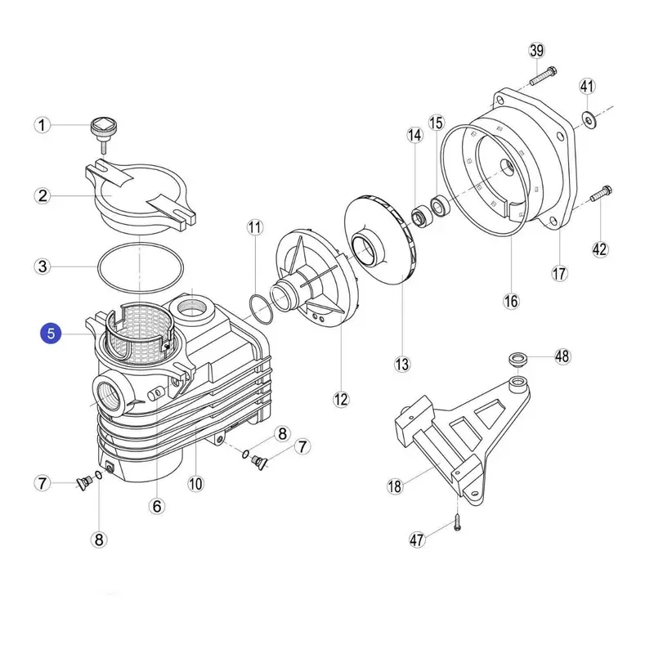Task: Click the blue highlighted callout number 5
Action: point(52,333)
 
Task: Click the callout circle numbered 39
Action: point(536,51)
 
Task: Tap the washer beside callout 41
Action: point(589,120)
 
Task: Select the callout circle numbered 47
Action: point(419,540)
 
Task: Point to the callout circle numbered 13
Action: point(402,363)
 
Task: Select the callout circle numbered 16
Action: point(511,302)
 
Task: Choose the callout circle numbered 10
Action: point(195,483)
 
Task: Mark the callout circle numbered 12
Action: point(341,399)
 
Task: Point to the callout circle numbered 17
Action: point(559,274)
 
